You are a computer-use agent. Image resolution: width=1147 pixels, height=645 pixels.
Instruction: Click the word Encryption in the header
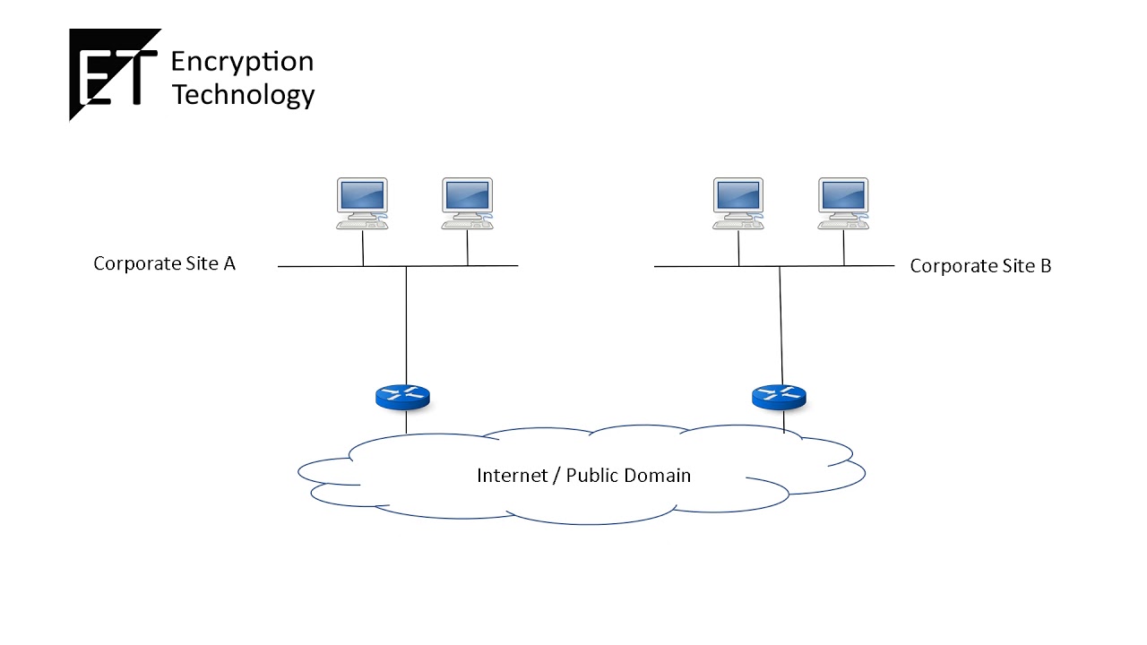tap(242, 62)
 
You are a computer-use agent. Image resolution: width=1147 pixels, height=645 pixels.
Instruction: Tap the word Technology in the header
tap(243, 94)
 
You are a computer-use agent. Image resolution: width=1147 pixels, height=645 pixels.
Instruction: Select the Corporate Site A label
tap(164, 263)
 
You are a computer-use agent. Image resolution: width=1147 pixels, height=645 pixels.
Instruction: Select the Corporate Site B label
tap(980, 266)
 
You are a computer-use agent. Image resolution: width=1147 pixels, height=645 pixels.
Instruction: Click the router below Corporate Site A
tap(403, 397)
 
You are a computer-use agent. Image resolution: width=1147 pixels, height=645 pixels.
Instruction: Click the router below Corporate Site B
tap(779, 396)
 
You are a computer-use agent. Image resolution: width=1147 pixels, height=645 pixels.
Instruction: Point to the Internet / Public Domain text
tap(583, 475)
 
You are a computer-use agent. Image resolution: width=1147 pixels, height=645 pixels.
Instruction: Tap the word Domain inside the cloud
tap(658, 475)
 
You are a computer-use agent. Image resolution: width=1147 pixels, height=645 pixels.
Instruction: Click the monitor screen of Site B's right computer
tap(843, 194)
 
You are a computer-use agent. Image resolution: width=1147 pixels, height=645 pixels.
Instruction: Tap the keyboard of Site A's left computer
tap(361, 225)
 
